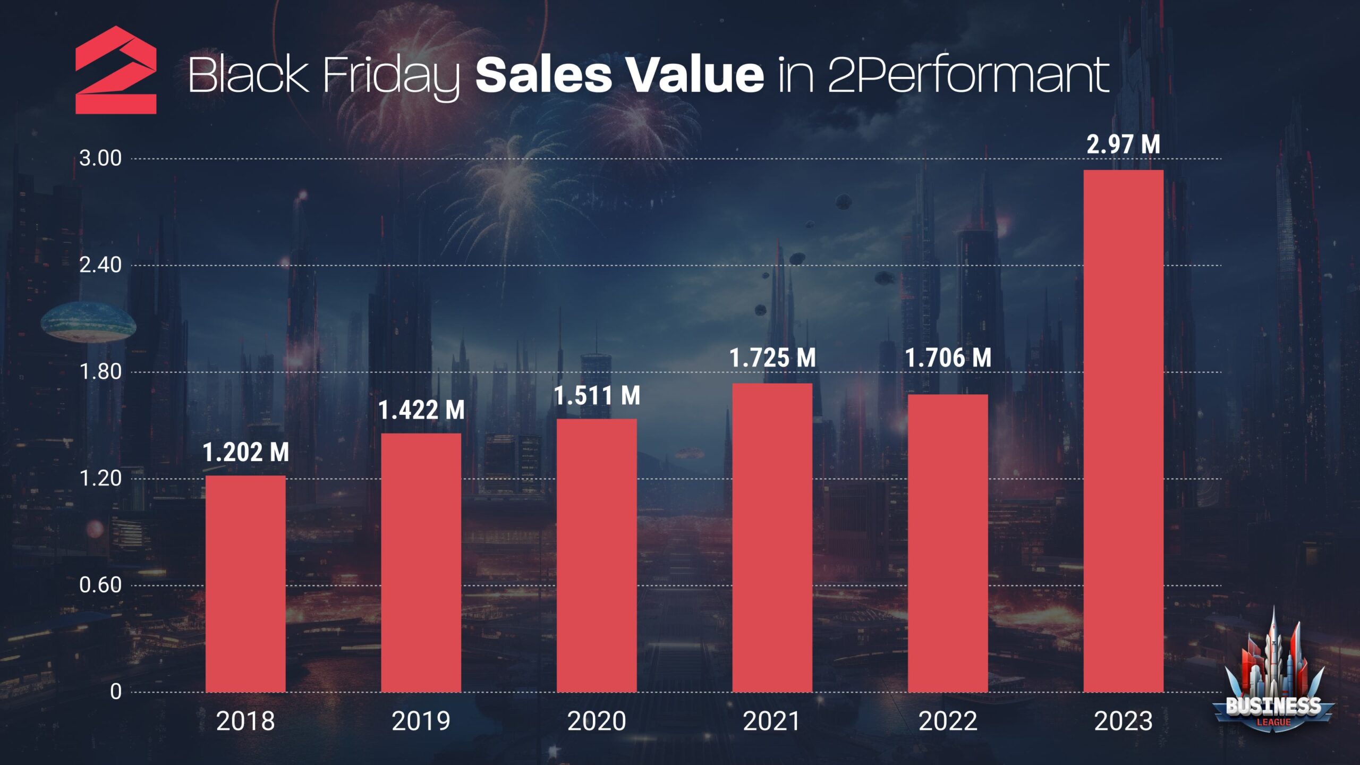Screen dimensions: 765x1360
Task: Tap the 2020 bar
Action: point(597,555)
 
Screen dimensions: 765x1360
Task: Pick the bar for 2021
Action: point(772,537)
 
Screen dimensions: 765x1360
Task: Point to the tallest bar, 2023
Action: point(1123,431)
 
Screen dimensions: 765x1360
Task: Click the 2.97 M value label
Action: point(1123,144)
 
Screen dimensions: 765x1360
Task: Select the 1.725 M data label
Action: point(772,358)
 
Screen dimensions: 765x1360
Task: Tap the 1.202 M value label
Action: point(245,452)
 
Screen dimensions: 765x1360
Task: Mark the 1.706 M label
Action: point(948,358)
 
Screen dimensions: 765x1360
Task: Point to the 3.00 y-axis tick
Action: point(100,158)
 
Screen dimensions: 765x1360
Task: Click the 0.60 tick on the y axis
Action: point(100,585)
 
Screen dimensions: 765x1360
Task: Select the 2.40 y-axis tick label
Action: point(100,265)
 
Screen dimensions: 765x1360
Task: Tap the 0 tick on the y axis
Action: point(116,692)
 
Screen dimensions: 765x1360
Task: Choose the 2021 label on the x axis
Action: point(772,721)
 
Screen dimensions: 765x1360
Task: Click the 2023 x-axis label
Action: point(1123,721)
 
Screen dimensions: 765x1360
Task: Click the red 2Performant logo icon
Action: point(116,70)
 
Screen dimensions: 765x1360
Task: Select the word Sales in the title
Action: point(543,74)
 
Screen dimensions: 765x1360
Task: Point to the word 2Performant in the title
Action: point(968,75)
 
